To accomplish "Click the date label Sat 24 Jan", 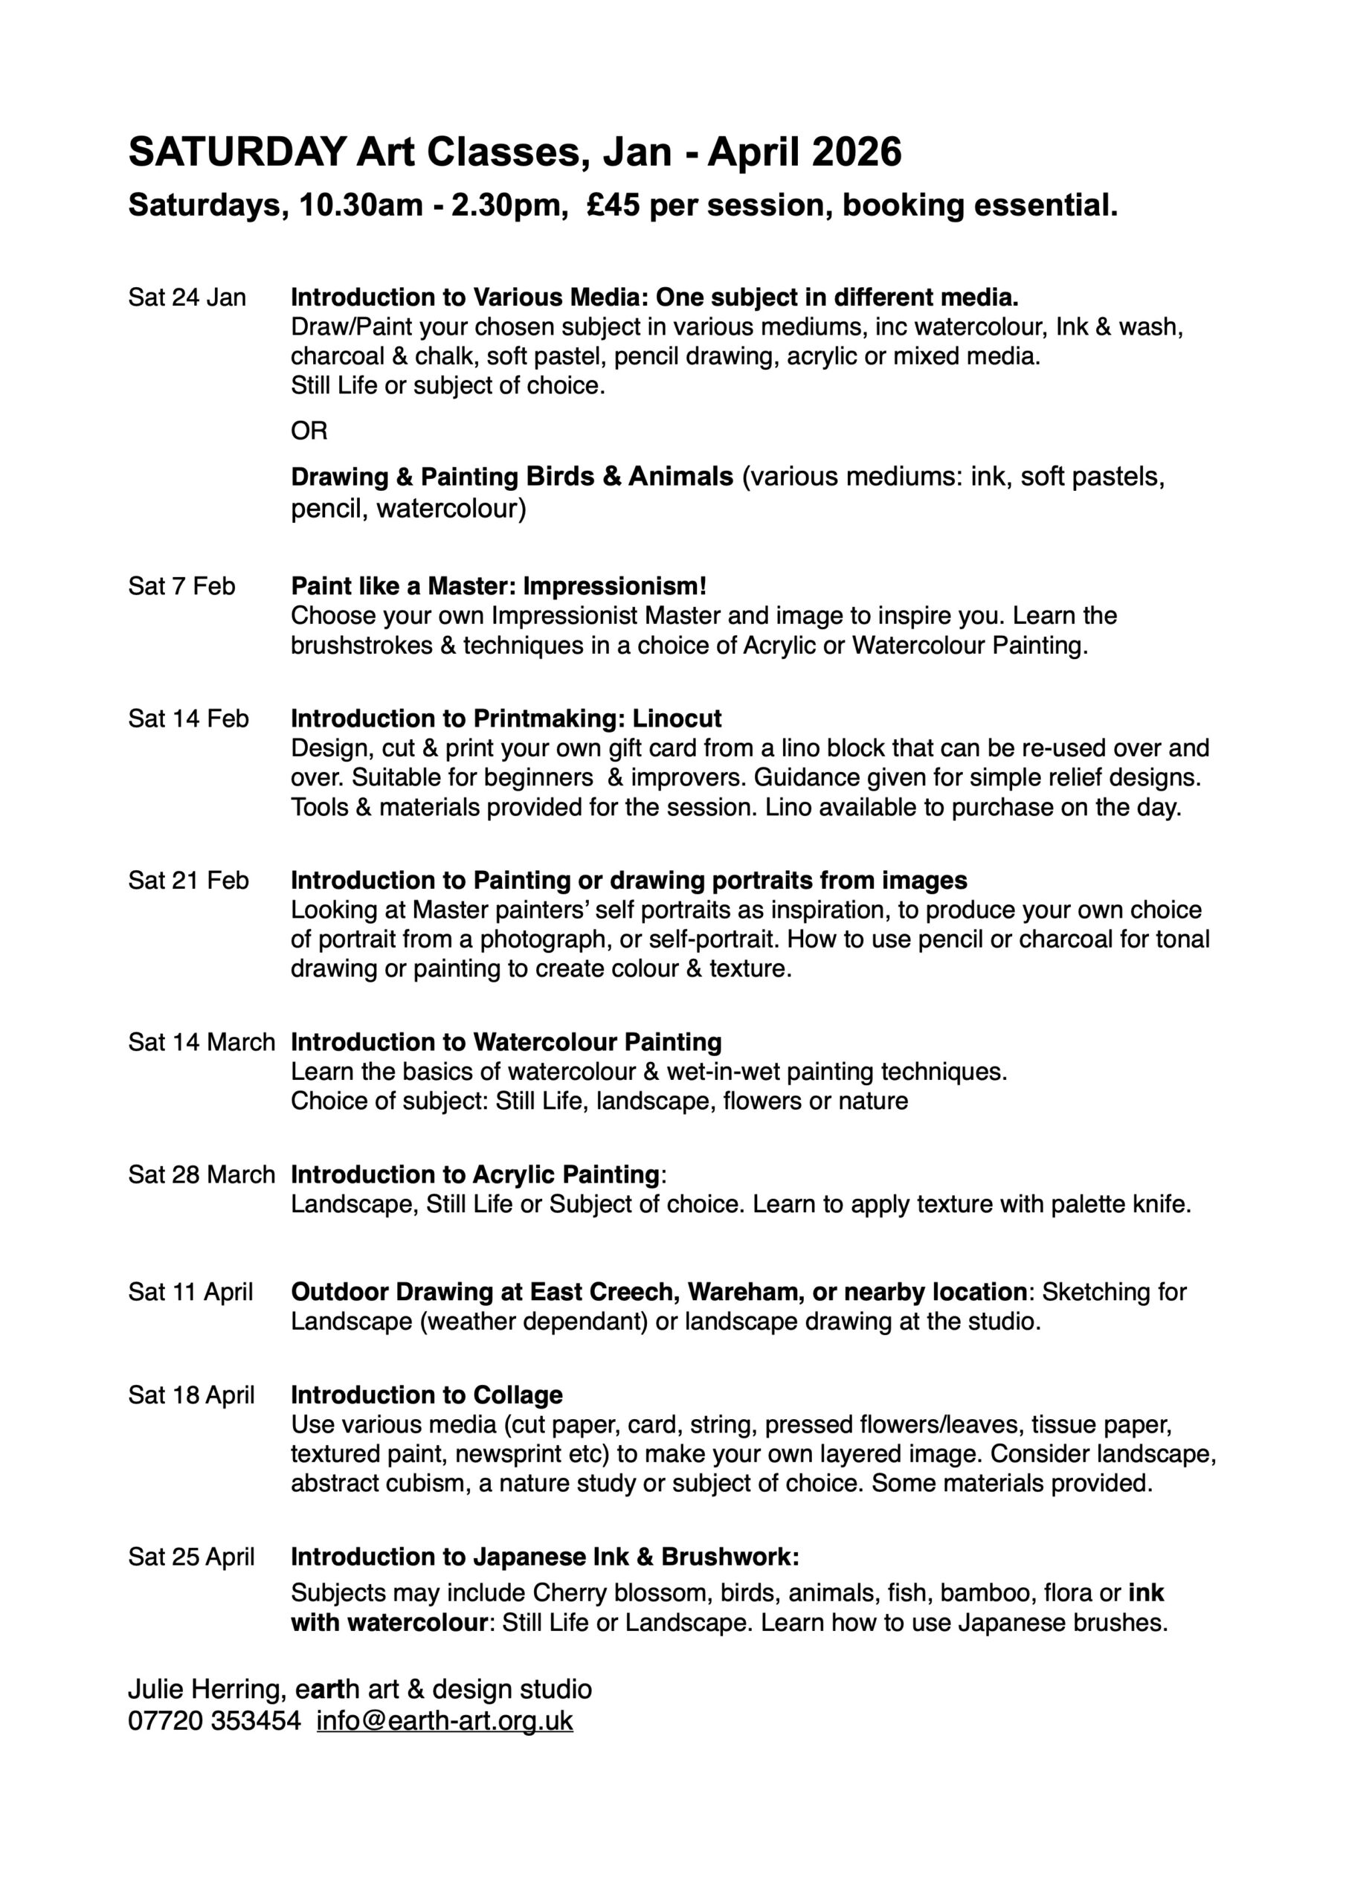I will coord(187,297).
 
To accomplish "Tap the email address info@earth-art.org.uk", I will coord(445,1721).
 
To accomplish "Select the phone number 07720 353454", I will coord(214,1721).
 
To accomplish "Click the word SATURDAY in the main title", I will coord(237,152).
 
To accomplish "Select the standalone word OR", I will coord(309,431).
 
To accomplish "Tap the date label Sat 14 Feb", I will coord(188,718).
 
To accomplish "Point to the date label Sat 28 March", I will coord(202,1174).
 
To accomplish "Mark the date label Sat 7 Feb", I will coord(181,586).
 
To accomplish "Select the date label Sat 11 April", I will coord(191,1291).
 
